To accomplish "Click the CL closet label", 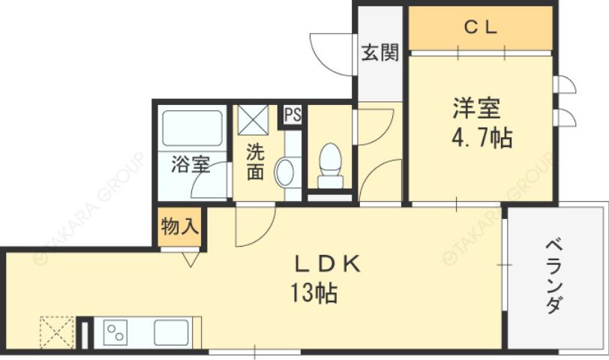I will [480, 28].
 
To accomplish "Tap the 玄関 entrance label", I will [379, 53].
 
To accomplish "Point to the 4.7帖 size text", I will [481, 139].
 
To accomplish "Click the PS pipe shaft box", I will [293, 115].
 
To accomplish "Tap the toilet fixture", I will [330, 166].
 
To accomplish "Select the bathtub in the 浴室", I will [192, 130].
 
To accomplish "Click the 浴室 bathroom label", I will [190, 164].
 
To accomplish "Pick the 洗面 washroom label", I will [256, 161].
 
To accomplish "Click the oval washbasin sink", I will [285, 173].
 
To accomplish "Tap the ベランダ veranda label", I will [554, 274].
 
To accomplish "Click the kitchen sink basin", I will [172, 331].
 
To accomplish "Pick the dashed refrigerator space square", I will [56, 331].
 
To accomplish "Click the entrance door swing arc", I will [330, 49].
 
